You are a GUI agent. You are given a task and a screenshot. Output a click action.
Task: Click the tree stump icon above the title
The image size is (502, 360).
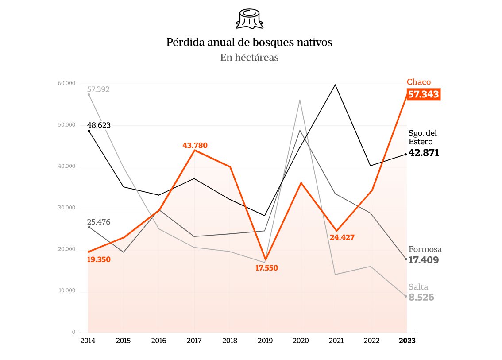coord(251,19)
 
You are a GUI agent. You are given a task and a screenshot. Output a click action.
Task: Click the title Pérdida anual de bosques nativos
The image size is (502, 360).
coord(249,43)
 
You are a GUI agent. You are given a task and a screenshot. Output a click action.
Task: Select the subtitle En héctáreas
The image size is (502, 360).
coord(249,57)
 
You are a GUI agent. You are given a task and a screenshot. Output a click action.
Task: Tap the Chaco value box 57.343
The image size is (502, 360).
coord(423,94)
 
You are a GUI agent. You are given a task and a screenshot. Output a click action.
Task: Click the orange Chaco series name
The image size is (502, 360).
coord(418,82)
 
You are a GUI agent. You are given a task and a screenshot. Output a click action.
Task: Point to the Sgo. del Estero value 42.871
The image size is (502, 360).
coord(423,153)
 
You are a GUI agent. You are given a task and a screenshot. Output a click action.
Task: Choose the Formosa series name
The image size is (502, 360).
coord(425,249)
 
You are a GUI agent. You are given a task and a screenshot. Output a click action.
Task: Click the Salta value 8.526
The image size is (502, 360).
coord(421,298)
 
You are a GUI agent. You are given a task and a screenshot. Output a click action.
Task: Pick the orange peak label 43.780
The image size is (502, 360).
coord(195,145)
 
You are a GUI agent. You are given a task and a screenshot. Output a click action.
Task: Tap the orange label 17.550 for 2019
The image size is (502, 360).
coord(266,268)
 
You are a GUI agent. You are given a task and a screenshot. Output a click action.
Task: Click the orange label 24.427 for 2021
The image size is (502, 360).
coord(342,237)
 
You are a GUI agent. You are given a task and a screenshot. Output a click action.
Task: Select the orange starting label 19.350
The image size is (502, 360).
coord(99,259)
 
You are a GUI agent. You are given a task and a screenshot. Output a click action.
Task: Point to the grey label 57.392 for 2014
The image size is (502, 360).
coord(98,89)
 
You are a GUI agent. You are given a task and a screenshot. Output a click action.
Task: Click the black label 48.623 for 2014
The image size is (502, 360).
coord(99,125)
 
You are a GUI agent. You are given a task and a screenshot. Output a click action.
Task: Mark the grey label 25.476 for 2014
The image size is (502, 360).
coord(99,222)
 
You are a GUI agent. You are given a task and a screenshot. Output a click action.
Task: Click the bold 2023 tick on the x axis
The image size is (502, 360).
coord(407,341)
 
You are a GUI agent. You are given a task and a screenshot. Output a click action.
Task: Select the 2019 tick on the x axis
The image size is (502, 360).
coord(265,341)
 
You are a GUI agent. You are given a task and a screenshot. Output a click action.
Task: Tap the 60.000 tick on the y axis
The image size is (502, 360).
coord(66,83)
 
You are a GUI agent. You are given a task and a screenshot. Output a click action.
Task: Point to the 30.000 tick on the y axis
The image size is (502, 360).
coord(66,208)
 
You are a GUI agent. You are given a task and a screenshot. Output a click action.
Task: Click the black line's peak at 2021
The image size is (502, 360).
coord(336,85)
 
